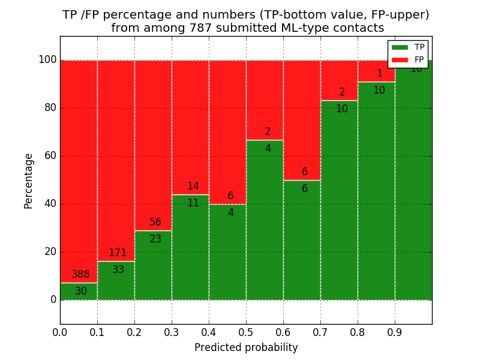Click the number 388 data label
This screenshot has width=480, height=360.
tap(80, 275)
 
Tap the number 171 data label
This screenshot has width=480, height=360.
tap(118, 253)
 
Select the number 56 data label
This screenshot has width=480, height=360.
tap(155, 223)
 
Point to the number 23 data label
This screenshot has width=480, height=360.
tap(155, 239)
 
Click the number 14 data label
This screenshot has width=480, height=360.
tap(193, 187)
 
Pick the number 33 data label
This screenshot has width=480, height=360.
tap(118, 270)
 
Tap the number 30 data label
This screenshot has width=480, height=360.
tap(81, 292)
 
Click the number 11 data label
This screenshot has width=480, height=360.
tap(193, 203)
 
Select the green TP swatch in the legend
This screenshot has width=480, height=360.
tap(400, 47)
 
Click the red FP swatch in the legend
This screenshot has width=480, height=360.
tap(400, 59)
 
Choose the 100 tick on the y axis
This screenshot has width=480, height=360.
tap(47, 60)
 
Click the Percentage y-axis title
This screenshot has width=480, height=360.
tap(28, 181)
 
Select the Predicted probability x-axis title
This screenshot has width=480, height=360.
tap(246, 347)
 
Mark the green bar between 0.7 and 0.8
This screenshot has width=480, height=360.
tap(339, 204)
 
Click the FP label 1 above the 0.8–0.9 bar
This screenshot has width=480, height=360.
tap(379, 74)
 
